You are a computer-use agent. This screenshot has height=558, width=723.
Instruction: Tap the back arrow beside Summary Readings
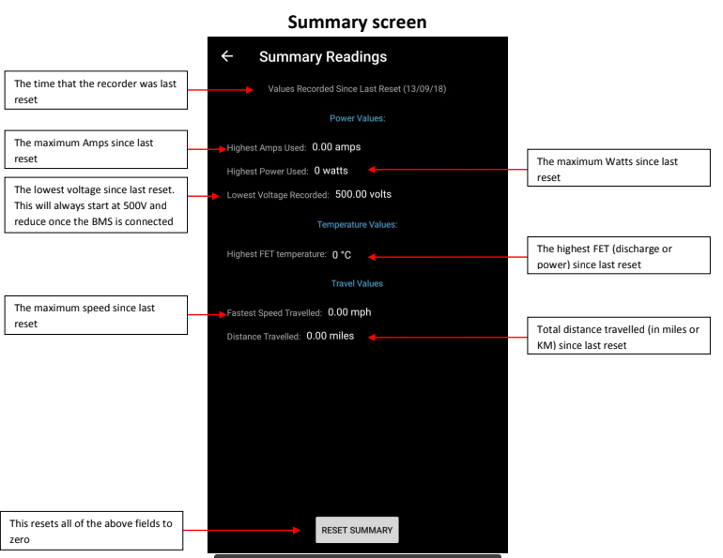point(227,56)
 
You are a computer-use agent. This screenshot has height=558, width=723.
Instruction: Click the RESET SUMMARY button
point(357,530)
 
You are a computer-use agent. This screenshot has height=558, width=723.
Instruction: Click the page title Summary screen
point(358,23)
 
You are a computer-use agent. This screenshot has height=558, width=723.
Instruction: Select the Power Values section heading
point(358,118)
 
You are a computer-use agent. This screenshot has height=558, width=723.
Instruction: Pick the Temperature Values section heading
point(358,225)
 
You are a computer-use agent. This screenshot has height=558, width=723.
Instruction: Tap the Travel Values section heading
point(357,283)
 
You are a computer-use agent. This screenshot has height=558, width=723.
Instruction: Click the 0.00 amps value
point(336,147)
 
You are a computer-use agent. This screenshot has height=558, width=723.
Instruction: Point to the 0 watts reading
point(331,171)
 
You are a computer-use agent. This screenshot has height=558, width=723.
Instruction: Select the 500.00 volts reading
point(363,194)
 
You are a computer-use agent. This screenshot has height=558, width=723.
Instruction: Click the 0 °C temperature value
point(342,255)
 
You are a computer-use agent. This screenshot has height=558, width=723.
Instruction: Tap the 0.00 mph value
point(349,312)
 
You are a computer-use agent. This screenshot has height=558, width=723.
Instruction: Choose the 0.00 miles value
point(331,336)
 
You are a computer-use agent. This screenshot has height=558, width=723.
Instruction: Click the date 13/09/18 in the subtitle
point(424,89)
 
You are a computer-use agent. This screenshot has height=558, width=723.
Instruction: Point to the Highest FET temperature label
point(277,254)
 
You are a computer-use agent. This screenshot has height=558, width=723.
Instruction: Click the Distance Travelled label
point(264,337)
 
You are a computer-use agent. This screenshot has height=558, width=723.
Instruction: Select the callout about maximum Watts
point(619,168)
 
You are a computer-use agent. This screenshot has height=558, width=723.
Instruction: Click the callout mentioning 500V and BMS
point(96,205)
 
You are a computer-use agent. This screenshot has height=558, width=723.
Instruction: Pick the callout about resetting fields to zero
point(91,531)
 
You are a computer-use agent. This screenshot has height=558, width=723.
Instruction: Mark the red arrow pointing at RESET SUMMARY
point(242,531)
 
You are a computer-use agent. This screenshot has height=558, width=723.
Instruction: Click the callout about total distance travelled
point(619,336)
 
